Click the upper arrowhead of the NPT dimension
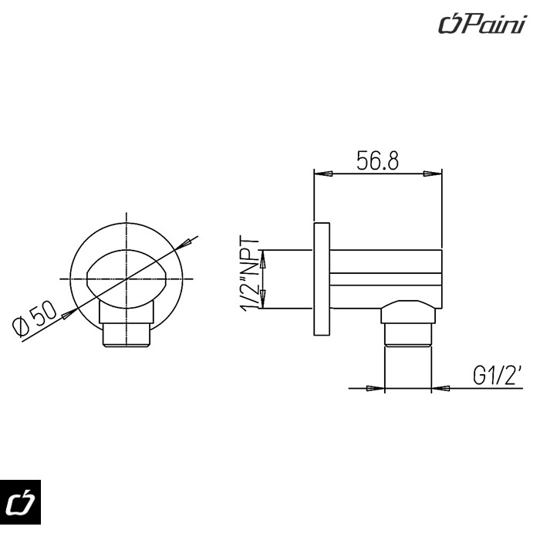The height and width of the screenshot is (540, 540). (x=263, y=258)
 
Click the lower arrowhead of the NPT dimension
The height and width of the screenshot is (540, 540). (x=263, y=299)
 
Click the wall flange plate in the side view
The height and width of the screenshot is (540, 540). (x=322, y=279)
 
